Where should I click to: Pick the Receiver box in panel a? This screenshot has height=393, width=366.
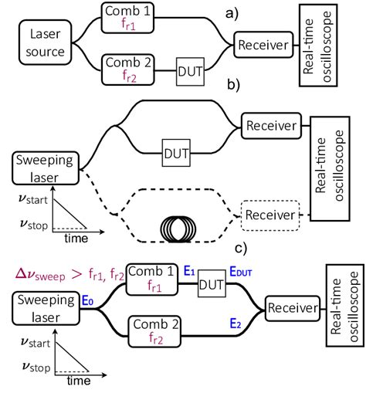click(x=264, y=44)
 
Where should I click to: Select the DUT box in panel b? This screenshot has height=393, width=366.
click(x=174, y=154)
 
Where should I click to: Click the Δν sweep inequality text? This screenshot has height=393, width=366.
click(x=66, y=273)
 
